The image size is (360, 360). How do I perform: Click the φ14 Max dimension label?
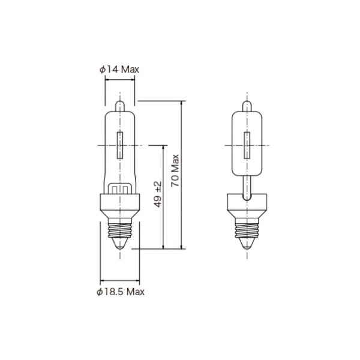click(119, 70)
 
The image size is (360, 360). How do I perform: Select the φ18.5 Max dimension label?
click(121, 292)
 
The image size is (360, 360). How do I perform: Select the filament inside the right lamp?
click(245, 145)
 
